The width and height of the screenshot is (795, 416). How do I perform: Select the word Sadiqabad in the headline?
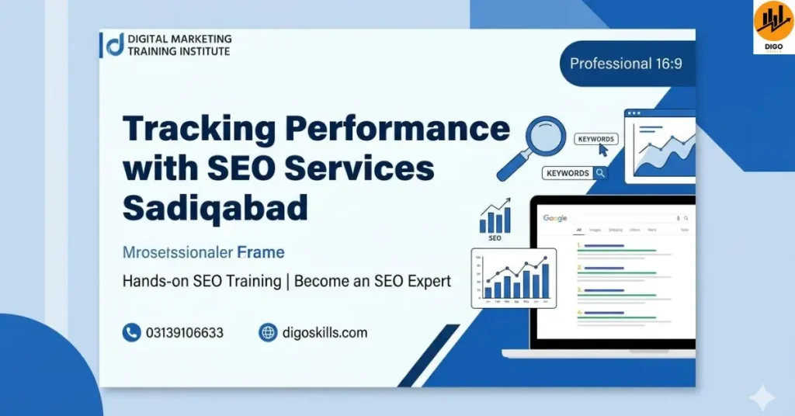[x=215, y=207]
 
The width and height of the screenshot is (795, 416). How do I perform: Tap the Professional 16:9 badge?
[x=626, y=64]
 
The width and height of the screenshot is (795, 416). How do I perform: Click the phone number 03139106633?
[x=184, y=333]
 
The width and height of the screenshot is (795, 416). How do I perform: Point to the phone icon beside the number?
[x=131, y=333]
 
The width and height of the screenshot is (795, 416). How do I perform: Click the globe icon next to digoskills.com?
[x=268, y=333]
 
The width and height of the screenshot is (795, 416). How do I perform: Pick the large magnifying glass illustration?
[x=536, y=144]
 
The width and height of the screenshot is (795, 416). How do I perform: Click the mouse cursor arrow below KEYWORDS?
[x=602, y=150]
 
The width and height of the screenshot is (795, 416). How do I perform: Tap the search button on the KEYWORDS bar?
[x=599, y=173]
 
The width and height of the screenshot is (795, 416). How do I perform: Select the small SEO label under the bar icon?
[x=495, y=238]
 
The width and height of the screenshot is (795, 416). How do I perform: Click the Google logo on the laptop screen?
[x=555, y=219]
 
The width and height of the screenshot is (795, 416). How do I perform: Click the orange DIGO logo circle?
[x=772, y=21]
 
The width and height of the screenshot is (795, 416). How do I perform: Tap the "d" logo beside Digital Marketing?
[x=113, y=44]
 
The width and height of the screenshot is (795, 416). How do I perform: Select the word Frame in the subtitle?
[x=261, y=252]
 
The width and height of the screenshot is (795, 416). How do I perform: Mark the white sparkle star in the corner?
[x=762, y=398]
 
